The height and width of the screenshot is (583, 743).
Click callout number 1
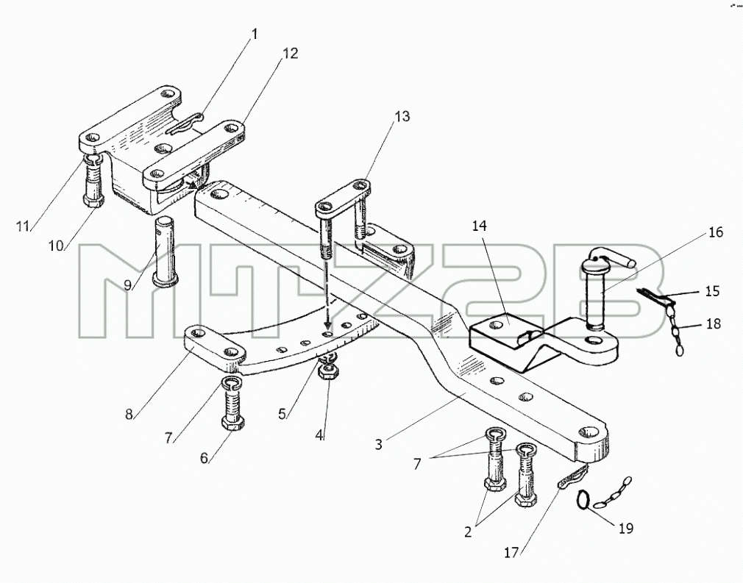click(255, 34)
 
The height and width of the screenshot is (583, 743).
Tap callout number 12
click(291, 54)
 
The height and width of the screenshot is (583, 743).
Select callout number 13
click(402, 116)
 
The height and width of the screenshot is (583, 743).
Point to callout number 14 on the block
click(479, 226)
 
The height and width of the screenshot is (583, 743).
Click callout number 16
click(716, 232)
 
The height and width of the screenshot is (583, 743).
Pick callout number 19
click(625, 528)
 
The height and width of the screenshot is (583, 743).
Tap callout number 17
click(512, 552)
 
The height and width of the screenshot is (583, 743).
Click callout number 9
click(127, 285)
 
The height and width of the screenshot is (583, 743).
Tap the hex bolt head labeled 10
click(94, 201)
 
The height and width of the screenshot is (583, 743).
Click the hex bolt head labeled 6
click(232, 423)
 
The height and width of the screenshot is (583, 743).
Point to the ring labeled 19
click(583, 499)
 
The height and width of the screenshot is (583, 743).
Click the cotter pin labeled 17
click(572, 476)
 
